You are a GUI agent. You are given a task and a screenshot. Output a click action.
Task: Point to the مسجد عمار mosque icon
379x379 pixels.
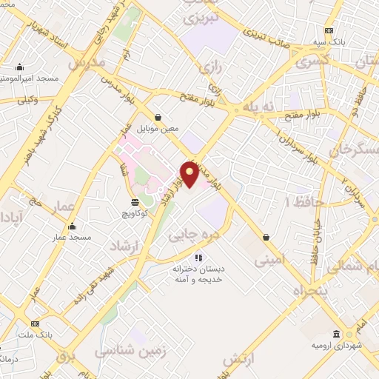72,227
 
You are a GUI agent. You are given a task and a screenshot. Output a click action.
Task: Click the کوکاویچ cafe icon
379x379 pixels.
135,201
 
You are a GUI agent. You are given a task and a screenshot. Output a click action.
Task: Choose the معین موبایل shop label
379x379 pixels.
160,127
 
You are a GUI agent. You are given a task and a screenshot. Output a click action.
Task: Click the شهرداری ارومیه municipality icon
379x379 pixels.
337,335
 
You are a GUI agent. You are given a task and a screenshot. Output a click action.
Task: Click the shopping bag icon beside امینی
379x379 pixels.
266,237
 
